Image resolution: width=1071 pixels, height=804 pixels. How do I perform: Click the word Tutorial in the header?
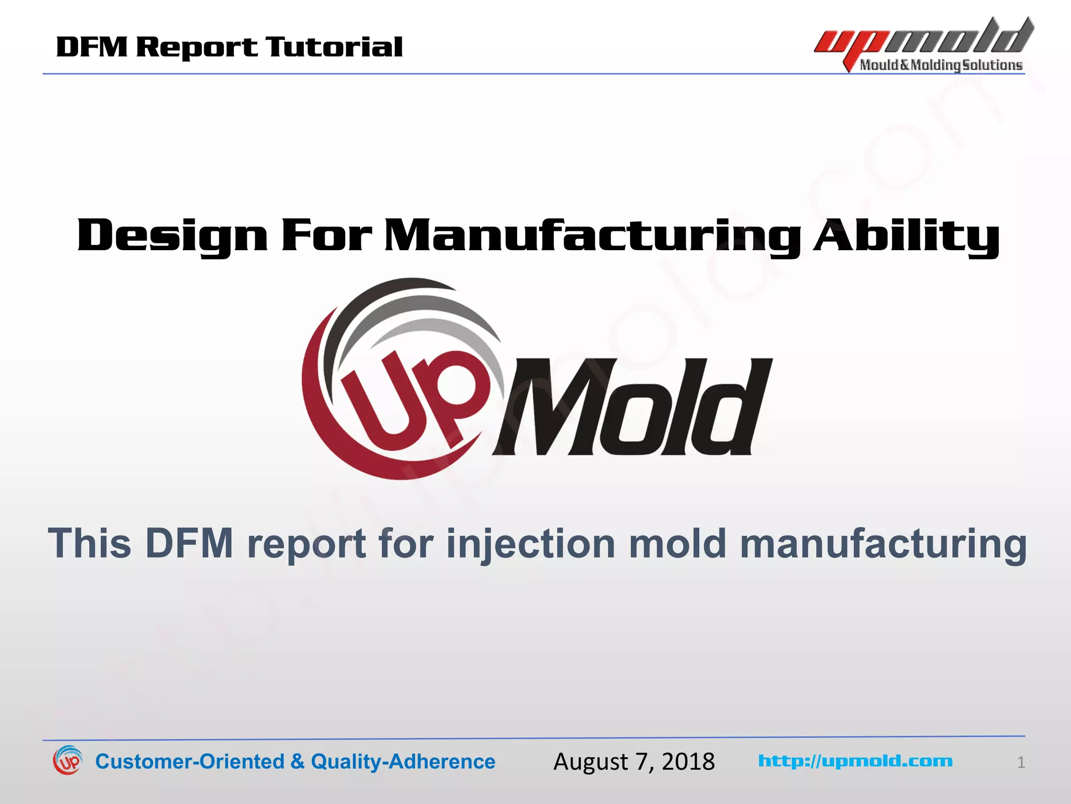[334, 48]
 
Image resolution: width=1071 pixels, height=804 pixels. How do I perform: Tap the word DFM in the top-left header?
[92, 48]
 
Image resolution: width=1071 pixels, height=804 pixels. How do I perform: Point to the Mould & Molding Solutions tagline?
[941, 65]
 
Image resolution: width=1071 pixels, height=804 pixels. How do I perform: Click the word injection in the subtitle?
[531, 544]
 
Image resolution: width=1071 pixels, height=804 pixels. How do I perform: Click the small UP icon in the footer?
[67, 761]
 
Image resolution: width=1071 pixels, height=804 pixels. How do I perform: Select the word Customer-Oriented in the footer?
[189, 762]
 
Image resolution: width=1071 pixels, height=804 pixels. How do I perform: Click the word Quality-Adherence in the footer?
[403, 762]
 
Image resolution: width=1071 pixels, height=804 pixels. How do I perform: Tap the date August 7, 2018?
[634, 762]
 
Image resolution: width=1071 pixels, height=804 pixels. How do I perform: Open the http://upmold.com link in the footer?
[855, 761]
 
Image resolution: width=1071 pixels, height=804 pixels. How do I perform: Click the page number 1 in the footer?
[1021, 763]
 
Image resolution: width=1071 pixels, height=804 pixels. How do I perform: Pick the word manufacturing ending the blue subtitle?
[883, 544]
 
